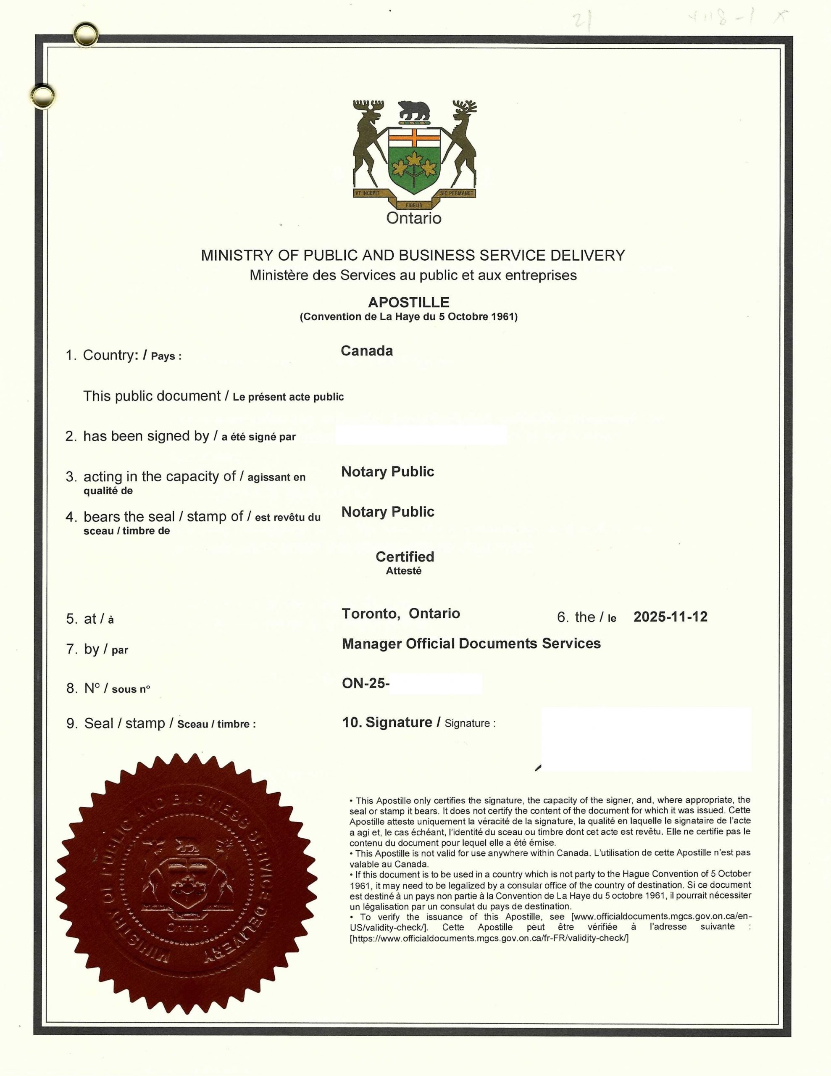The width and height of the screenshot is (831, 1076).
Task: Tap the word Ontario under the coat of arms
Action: [x=414, y=218]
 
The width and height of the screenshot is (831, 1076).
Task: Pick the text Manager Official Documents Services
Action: [x=471, y=643]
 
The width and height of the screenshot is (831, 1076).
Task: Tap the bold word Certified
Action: [x=405, y=557]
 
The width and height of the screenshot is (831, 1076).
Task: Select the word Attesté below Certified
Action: [x=403, y=571]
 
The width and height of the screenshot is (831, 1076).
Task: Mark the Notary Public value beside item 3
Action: [x=388, y=472]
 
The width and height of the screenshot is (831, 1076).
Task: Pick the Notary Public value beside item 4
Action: [x=388, y=512]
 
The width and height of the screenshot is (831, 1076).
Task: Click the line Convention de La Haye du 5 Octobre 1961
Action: [x=409, y=317]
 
